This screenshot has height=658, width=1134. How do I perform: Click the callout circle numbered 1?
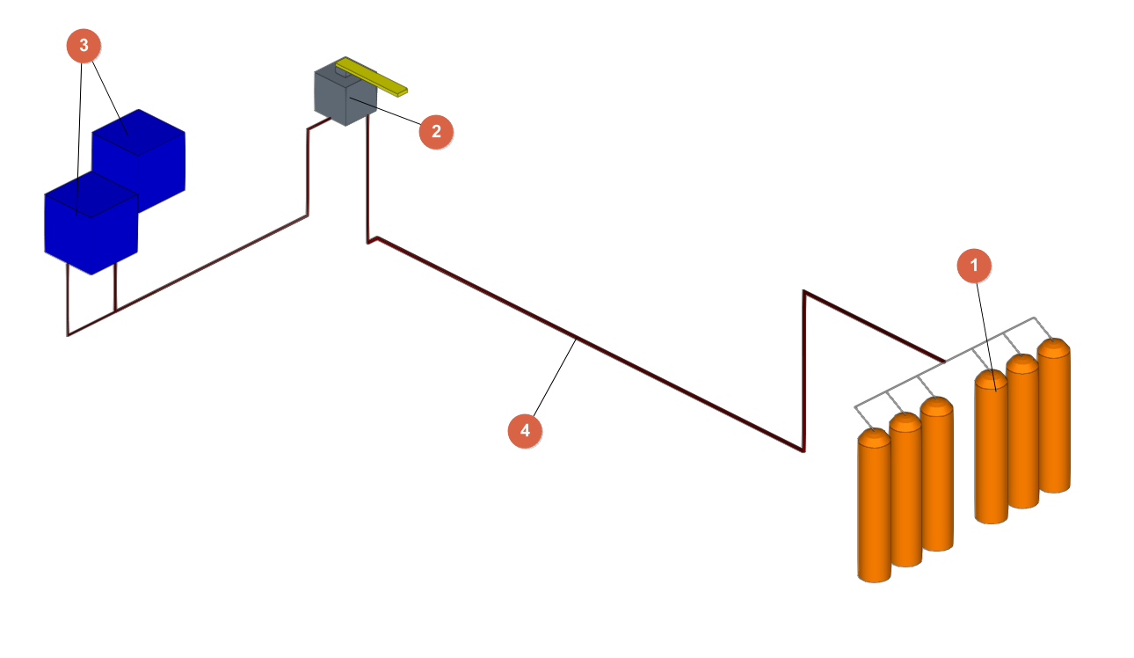coord(974,265)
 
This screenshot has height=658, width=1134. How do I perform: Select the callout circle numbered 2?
coord(436,131)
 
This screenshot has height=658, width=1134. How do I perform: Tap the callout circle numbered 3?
coord(84,47)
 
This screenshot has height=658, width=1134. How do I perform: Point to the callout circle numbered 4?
coord(526,430)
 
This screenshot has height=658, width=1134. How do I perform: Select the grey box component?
coord(338,101)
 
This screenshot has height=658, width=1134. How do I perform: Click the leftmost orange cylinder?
coord(874,510)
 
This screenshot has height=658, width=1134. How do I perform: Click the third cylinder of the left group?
coord(937,479)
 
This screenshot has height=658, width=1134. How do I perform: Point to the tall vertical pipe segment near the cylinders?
coord(803,369)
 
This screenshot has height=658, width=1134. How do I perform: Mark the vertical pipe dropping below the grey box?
coord(367,176)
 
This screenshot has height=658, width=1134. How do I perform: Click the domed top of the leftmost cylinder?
coord(874,436)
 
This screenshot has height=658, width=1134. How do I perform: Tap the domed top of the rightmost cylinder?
coord(1053,346)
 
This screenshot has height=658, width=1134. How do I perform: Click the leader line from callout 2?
coord(391,113)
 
